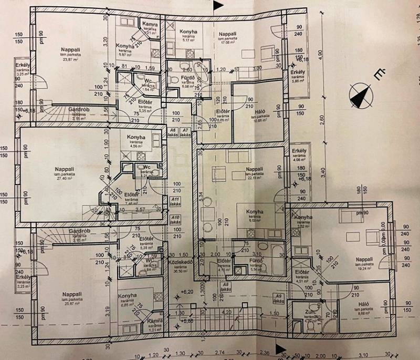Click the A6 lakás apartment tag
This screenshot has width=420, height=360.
tap(172, 132)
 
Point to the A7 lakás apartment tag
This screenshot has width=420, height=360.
tap(185, 132)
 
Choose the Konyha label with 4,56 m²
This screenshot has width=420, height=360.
tap(136, 141)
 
